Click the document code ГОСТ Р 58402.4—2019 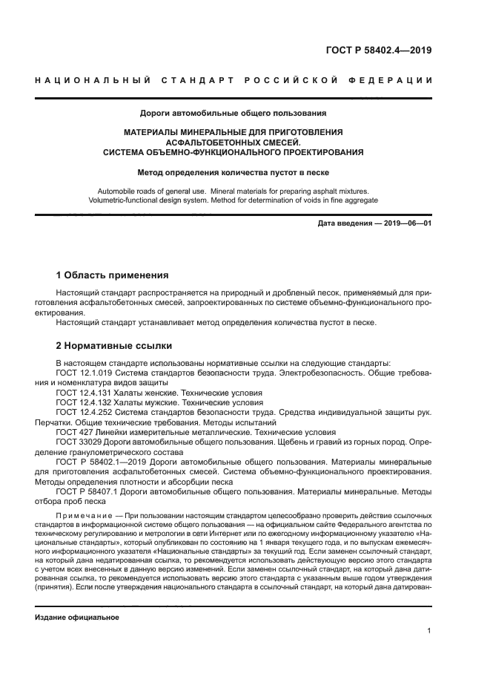coord(379,51)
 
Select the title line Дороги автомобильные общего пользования coord(233,114)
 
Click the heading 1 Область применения coord(113,275)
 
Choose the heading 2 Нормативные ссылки coord(114,345)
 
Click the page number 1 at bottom coord(429,632)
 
